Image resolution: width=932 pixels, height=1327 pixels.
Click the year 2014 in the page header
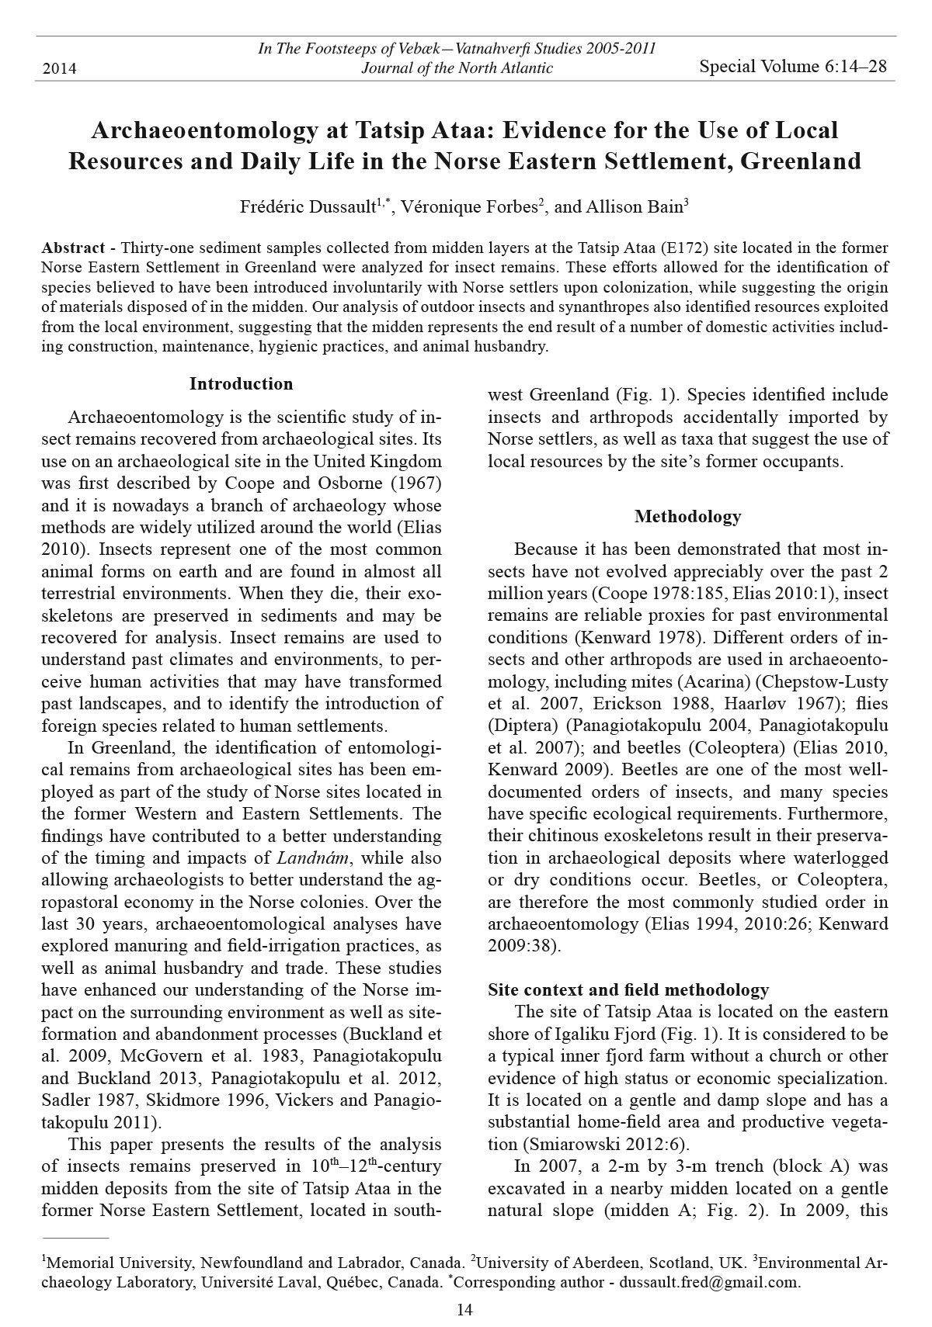click(x=59, y=69)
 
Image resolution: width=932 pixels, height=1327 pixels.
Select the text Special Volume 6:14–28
click(x=792, y=67)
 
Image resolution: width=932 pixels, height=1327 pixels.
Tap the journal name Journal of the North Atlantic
click(x=457, y=68)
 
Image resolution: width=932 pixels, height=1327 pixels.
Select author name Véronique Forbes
click(x=469, y=206)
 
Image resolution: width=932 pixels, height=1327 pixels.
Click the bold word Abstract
click(x=73, y=248)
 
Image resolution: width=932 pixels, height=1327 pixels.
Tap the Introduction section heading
click(x=241, y=384)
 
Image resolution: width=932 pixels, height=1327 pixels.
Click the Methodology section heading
click(x=687, y=517)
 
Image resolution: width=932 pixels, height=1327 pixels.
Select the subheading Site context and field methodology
click(x=628, y=990)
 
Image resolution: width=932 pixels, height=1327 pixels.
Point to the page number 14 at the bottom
click(x=465, y=1311)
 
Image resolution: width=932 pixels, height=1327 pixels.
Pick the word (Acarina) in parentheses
click(x=713, y=682)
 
